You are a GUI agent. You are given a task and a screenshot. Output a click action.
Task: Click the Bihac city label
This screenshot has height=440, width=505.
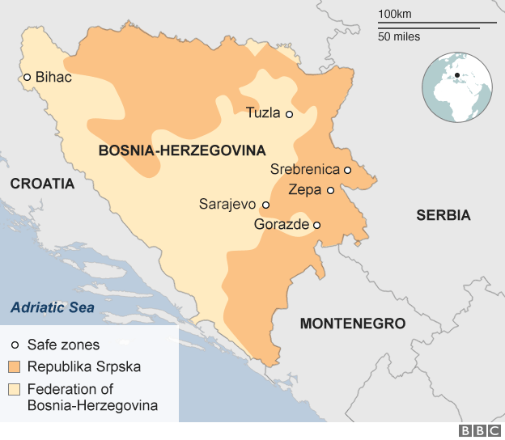pyautogui.click(x=54, y=78)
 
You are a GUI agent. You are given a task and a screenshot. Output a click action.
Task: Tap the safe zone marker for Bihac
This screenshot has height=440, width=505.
pyautogui.click(x=27, y=78)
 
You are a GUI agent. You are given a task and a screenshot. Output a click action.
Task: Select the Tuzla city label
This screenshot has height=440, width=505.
pyautogui.click(x=262, y=114)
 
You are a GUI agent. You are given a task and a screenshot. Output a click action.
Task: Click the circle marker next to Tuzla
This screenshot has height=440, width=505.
pyautogui.click(x=289, y=114)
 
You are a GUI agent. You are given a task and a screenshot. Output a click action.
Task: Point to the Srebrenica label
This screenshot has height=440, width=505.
pyautogui.click(x=305, y=170)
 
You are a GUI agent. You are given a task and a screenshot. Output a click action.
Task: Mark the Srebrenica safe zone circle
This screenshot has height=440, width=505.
pyautogui.click(x=347, y=170)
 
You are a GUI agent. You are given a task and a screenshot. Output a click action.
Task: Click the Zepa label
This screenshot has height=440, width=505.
pyautogui.click(x=305, y=190)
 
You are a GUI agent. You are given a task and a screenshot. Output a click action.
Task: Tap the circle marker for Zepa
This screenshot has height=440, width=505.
pyautogui.click(x=330, y=190)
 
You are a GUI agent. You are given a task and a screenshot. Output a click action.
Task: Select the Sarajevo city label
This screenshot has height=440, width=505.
pyautogui.click(x=227, y=205)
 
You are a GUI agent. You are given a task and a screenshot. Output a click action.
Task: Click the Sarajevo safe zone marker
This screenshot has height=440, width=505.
pyautogui.click(x=265, y=205)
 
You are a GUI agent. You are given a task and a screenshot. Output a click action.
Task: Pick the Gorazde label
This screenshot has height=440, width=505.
pyautogui.click(x=282, y=225)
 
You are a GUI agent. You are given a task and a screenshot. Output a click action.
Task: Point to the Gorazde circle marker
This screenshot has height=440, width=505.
pyautogui.click(x=317, y=225)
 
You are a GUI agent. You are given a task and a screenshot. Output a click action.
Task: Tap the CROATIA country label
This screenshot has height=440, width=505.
pyautogui.click(x=42, y=184)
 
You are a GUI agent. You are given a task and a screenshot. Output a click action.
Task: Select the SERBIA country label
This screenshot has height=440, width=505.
pyautogui.click(x=443, y=215)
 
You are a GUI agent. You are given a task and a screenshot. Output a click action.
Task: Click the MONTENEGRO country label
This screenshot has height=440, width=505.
pyautogui.click(x=352, y=324)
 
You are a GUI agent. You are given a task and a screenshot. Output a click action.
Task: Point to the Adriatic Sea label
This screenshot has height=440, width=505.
pyautogui.click(x=52, y=307)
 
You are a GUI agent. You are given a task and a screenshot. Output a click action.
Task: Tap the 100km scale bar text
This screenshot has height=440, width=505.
pyautogui.click(x=394, y=14)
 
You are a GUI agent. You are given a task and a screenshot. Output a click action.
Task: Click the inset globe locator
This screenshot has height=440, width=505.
pyautogui.click(x=457, y=87)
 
